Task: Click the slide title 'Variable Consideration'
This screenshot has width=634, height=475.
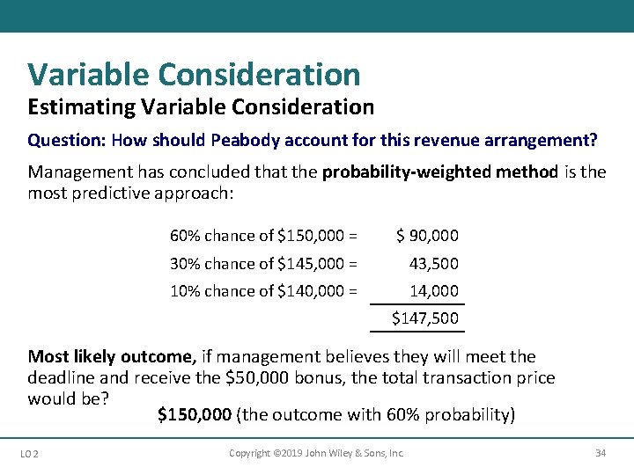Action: coord(194,75)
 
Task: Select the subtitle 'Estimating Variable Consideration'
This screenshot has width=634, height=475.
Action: coord(201,107)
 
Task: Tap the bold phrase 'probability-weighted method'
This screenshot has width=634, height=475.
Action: coord(439,172)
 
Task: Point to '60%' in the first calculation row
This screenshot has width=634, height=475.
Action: coord(185,236)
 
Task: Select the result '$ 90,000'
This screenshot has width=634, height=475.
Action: coord(427,236)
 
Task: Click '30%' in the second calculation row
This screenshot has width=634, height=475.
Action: coord(185,263)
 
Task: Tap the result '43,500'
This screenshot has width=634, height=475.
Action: coord(434,263)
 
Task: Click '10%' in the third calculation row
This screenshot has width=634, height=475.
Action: coord(185,290)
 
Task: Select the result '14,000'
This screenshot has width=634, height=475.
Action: coord(434,290)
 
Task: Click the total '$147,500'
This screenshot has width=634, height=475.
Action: coord(425,318)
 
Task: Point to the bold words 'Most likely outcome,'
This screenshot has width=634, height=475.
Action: coord(111,356)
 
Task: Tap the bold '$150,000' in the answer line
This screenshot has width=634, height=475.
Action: coord(195,414)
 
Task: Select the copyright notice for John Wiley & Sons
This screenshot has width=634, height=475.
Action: coord(316,453)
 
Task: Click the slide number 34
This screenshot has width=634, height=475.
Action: coord(601,453)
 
